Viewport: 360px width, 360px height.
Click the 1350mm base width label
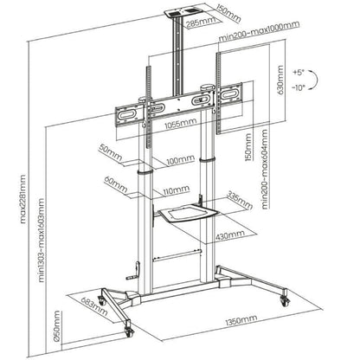coord(233,322)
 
